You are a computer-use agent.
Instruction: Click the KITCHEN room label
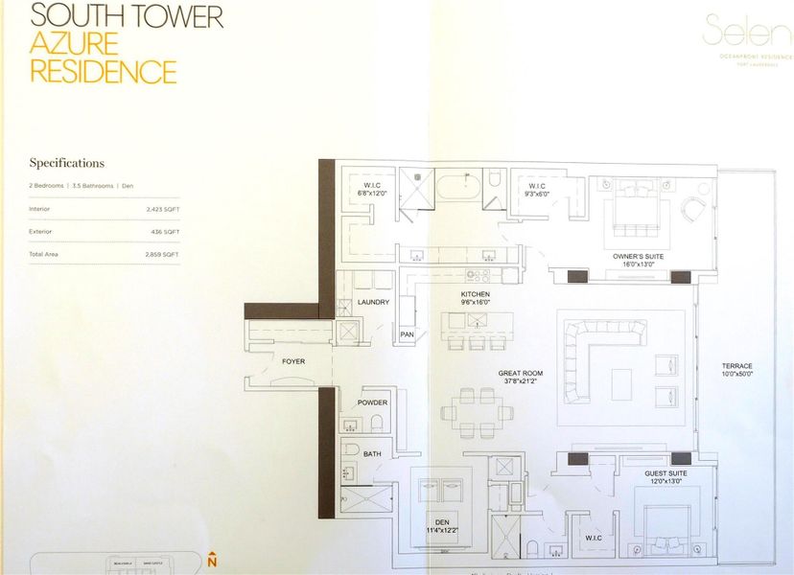tap(475, 294)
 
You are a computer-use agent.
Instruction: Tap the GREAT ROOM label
tap(521, 373)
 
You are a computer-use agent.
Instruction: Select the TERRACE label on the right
tap(737, 366)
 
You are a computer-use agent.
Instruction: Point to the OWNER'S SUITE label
tap(640, 256)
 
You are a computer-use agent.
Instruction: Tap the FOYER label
tap(293, 361)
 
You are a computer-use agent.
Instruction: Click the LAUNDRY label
tap(373, 302)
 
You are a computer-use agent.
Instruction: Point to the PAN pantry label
tap(407, 333)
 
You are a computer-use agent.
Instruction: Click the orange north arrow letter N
tap(212, 561)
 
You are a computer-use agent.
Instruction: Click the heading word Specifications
tap(66, 163)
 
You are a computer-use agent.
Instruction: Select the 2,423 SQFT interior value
tap(162, 208)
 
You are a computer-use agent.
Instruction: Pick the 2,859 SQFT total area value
tap(162, 254)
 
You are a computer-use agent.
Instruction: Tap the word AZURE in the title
tap(74, 43)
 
